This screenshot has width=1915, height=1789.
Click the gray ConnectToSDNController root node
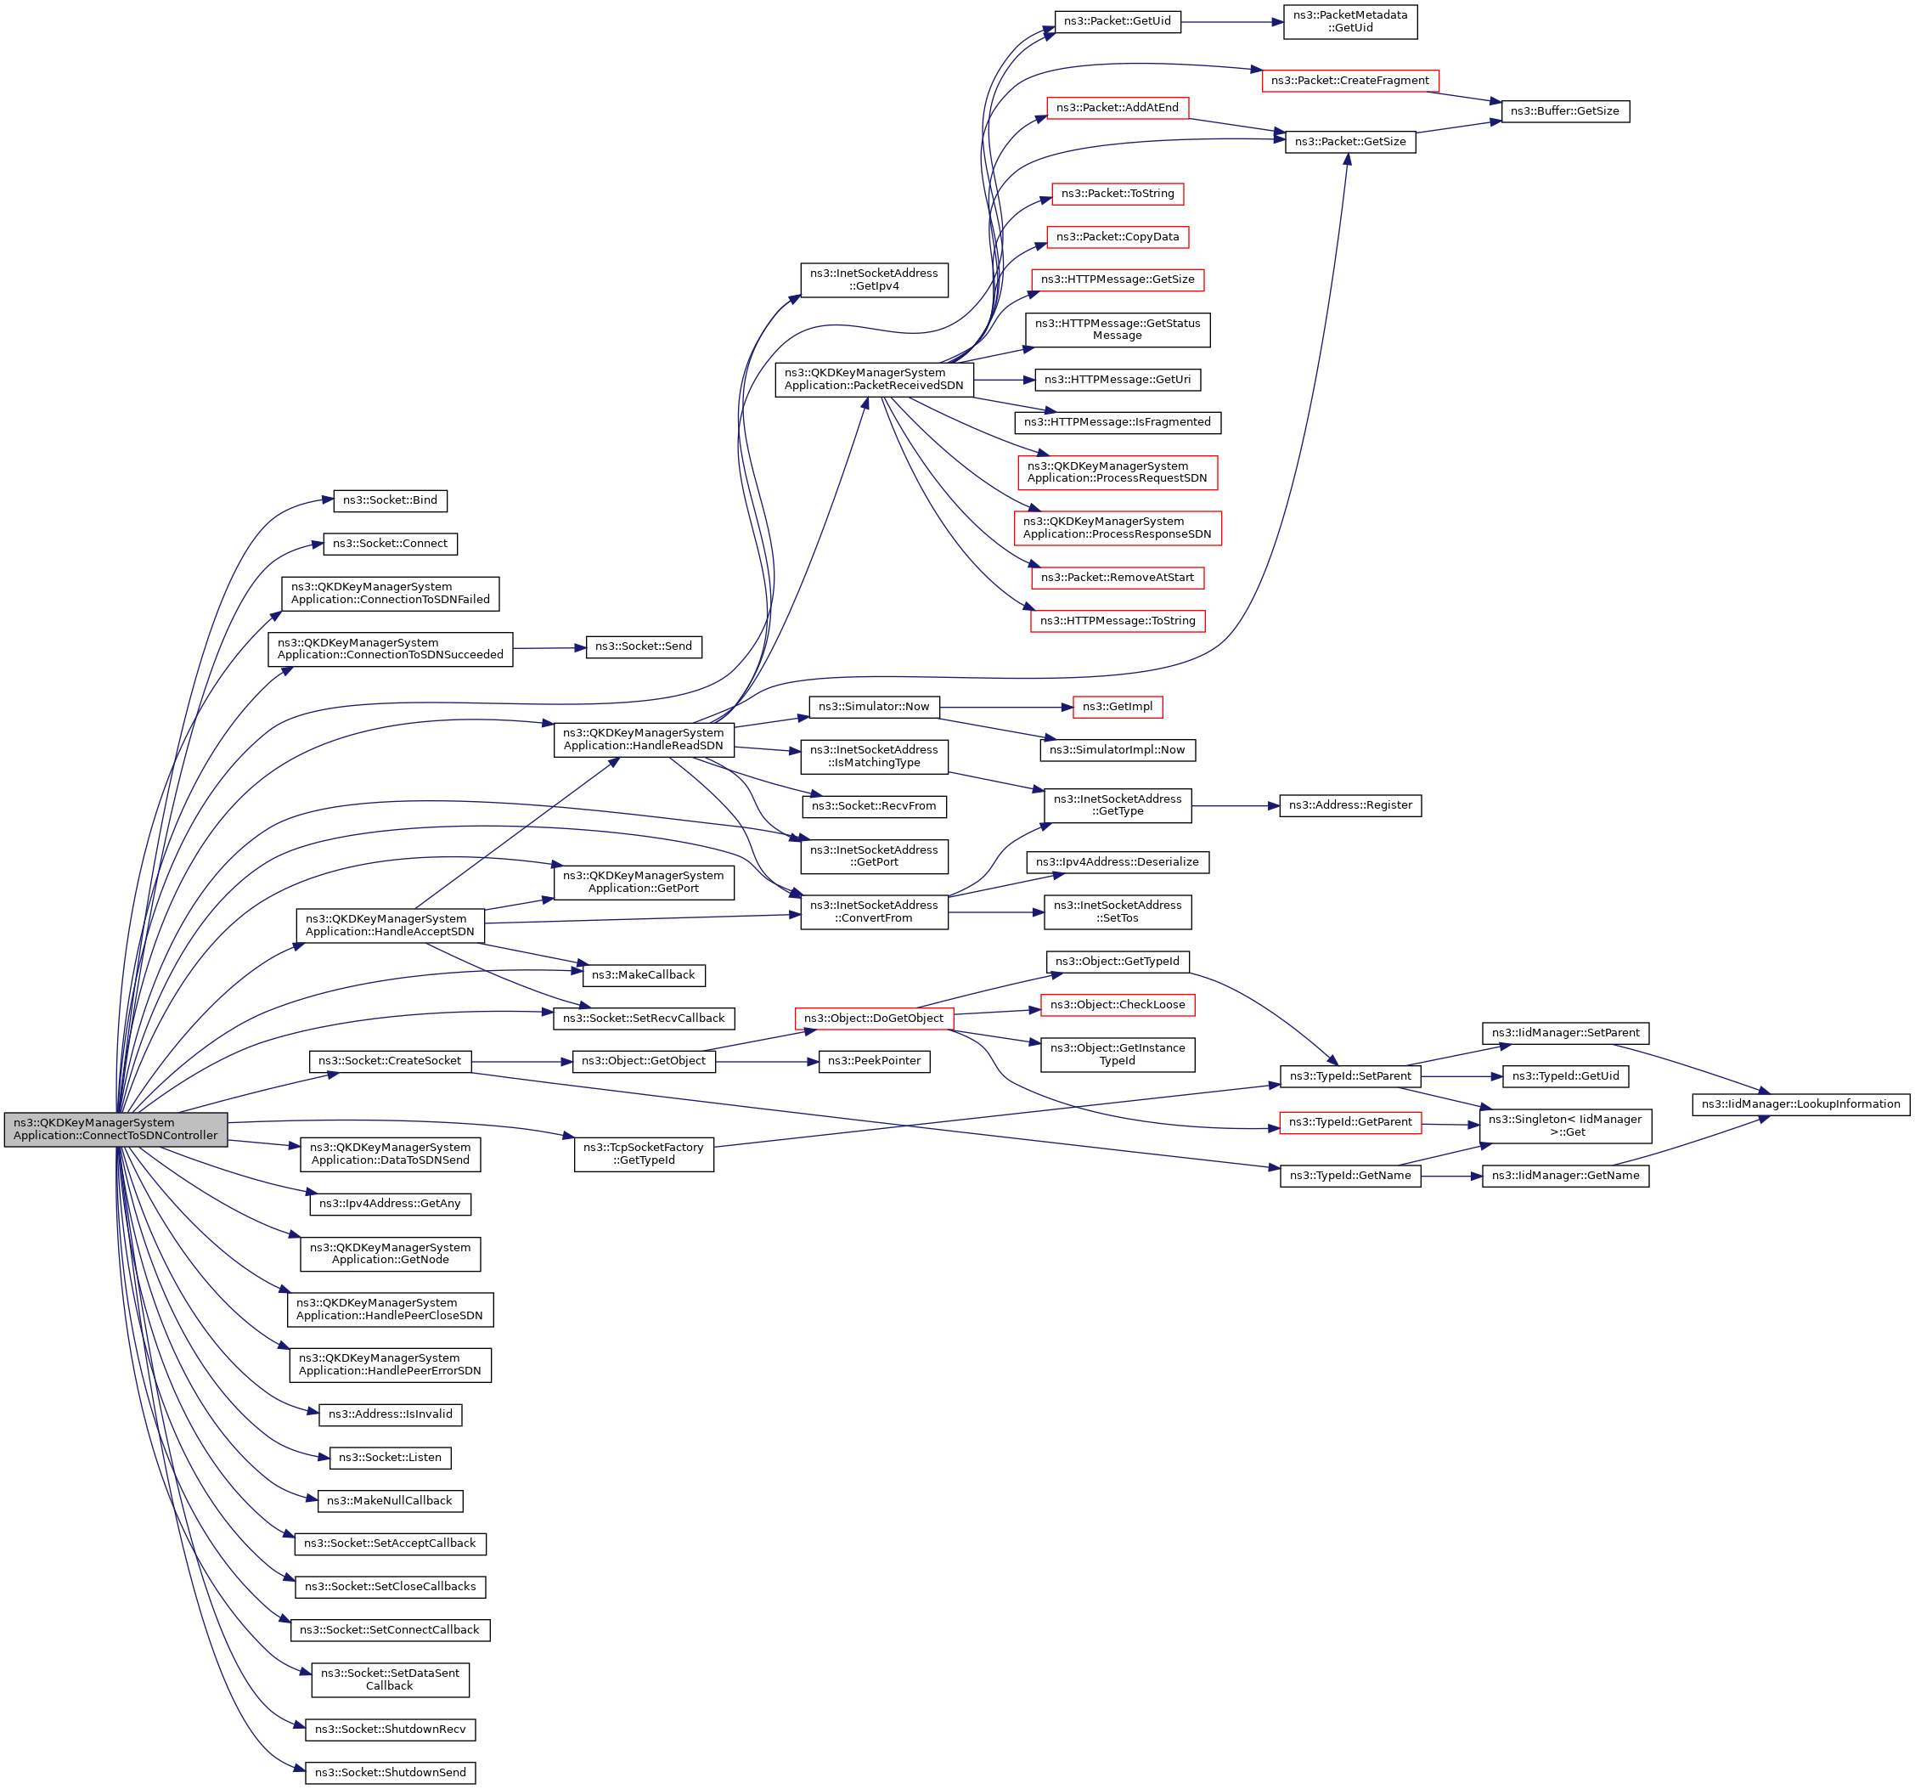tap(115, 1129)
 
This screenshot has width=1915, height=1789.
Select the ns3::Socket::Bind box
tap(390, 501)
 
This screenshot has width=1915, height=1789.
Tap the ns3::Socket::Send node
tap(644, 646)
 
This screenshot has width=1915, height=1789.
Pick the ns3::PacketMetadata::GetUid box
tap(1349, 21)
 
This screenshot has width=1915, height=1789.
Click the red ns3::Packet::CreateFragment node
tap(1349, 81)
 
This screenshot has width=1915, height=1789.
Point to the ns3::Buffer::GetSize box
tap(1564, 112)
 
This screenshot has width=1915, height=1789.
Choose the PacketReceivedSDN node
tap(874, 380)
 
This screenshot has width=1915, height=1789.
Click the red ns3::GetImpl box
tap(1118, 707)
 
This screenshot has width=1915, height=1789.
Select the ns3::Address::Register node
tap(1349, 805)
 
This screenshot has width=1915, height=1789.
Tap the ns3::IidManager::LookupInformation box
tap(1800, 1104)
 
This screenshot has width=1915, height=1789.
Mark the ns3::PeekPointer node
tap(874, 1062)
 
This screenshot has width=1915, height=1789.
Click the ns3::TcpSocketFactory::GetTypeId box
tap(644, 1154)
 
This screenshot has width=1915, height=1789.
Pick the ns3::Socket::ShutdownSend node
tap(390, 1773)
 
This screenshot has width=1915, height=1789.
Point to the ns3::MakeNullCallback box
tap(389, 1501)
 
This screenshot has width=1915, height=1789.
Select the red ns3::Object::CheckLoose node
tap(1118, 1005)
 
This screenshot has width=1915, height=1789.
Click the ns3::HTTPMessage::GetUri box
tap(1118, 380)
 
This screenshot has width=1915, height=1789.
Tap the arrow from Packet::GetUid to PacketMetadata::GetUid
tap(1232, 22)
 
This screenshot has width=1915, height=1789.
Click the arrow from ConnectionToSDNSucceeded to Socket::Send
tap(549, 648)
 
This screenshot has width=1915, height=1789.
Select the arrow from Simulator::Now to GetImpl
tap(1006, 707)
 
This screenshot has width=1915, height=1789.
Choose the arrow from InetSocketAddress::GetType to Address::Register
tap(1235, 805)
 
